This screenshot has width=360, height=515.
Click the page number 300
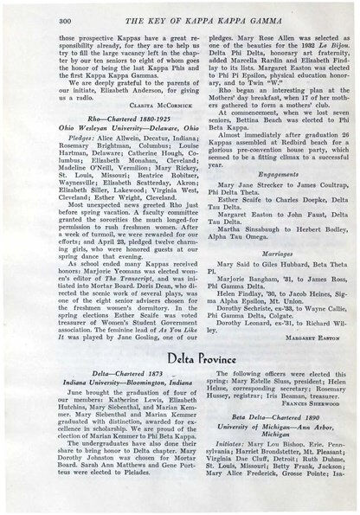coord(42,18)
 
